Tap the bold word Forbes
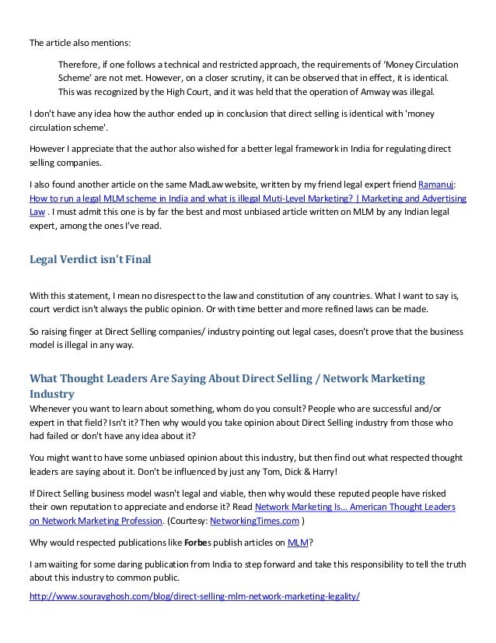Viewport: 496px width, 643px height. click(198, 542)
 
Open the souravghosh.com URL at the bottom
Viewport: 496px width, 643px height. click(194, 597)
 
